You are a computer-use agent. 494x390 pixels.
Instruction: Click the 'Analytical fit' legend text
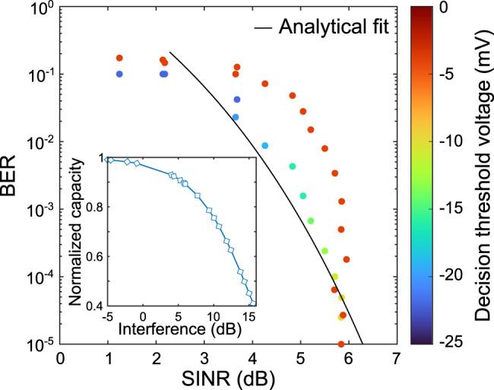[334, 28]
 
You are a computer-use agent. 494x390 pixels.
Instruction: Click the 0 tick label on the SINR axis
[60, 357]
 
